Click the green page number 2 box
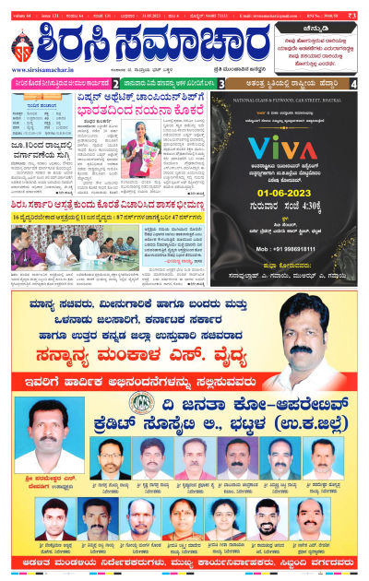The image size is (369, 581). [115, 84]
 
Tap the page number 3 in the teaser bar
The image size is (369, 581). [222, 84]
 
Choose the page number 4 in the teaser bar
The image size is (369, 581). [354, 84]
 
